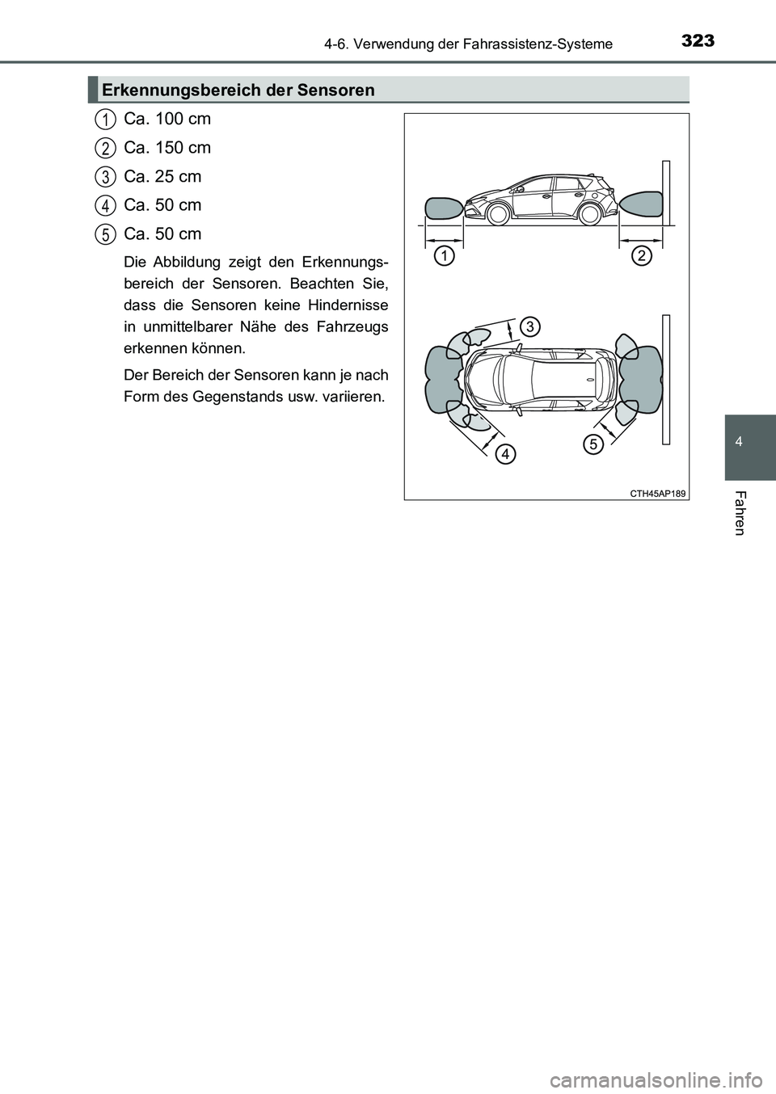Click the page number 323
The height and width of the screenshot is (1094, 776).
tap(698, 40)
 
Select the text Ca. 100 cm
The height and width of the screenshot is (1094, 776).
tap(167, 119)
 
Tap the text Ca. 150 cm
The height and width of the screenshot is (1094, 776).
tap(167, 148)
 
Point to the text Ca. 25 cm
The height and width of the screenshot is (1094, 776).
tap(162, 176)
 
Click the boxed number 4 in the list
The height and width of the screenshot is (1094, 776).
tap(104, 205)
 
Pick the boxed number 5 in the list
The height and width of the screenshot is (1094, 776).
tap(104, 234)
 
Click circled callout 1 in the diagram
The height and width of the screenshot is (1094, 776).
tap(442, 257)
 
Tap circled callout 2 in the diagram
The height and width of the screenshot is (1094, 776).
tap(642, 257)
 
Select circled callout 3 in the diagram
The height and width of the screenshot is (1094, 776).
tap(529, 326)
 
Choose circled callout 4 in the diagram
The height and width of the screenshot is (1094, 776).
tap(504, 454)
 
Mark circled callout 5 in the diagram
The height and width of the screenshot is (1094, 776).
tap(593, 444)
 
